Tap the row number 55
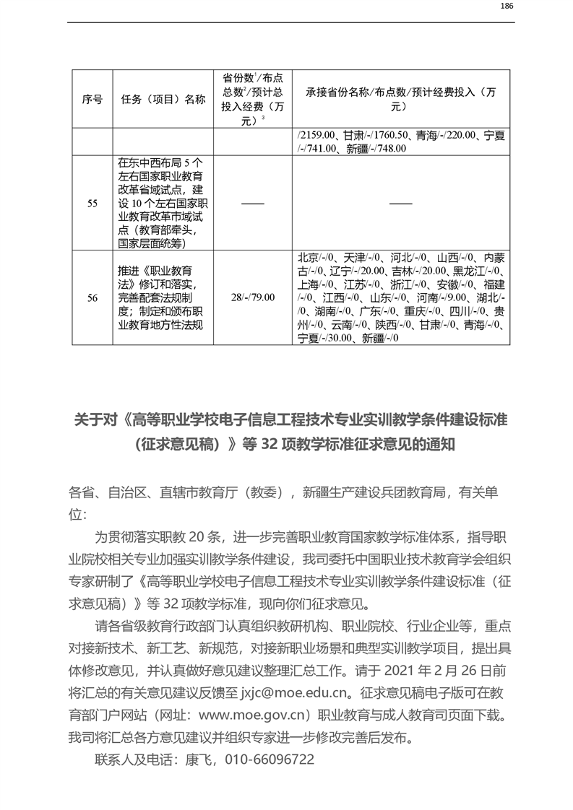[x=92, y=204]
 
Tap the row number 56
[x=92, y=297]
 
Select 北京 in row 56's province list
[x=308, y=257]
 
